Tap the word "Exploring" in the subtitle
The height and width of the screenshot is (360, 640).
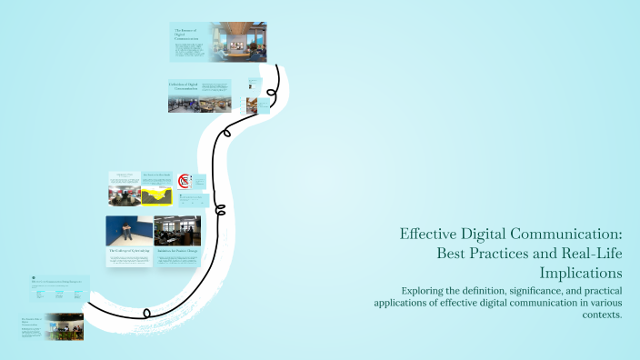tap(407, 290)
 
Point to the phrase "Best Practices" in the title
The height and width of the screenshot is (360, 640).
tap(476, 252)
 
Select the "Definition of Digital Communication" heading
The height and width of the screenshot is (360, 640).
tap(183, 86)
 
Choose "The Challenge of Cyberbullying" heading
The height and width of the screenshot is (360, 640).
tap(128, 250)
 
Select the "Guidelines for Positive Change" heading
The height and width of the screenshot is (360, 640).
tap(177, 250)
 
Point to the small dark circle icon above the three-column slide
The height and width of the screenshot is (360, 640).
tap(33, 277)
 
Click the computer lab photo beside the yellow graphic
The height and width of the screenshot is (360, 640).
tap(124, 195)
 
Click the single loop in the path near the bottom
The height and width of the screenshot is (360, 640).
tap(147, 313)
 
